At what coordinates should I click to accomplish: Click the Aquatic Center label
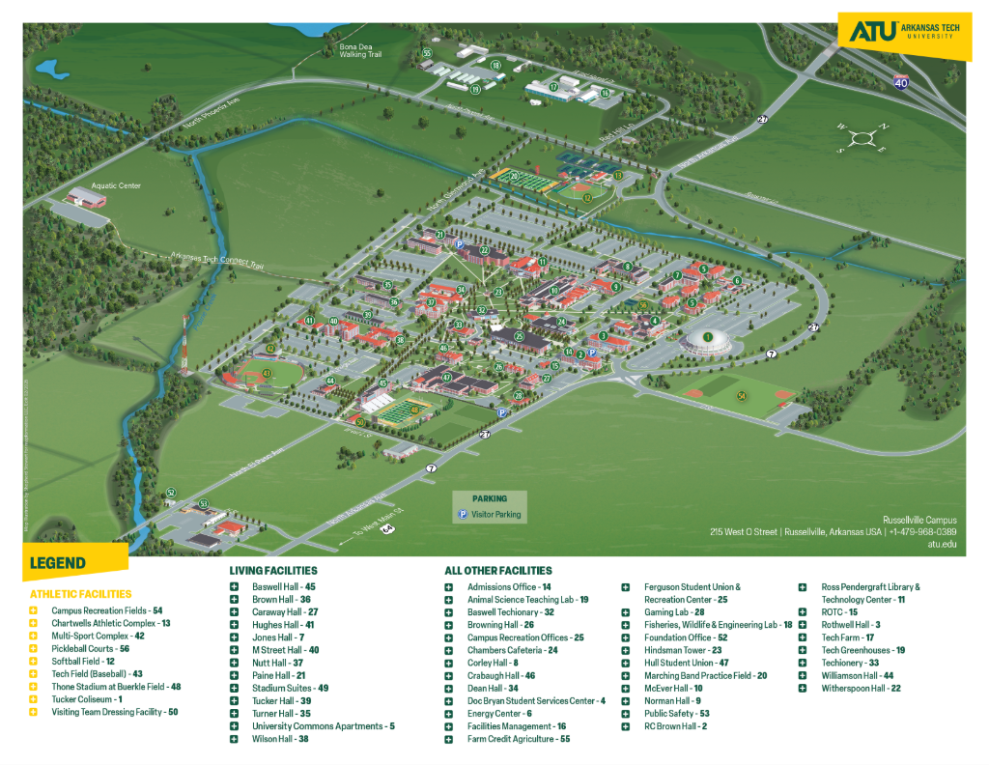[x=116, y=185]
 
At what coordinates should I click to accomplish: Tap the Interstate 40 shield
[x=901, y=82]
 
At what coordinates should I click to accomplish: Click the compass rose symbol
[x=862, y=137]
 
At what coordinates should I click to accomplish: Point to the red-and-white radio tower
[x=184, y=343]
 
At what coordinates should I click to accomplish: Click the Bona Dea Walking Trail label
[x=360, y=50]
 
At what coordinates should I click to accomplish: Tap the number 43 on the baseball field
[x=267, y=372]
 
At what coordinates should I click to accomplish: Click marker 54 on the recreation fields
[x=742, y=395]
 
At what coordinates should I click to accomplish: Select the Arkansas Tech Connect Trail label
[x=216, y=260]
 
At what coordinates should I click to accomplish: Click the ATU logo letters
[x=865, y=33]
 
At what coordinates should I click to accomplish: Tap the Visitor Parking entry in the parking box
[x=494, y=515]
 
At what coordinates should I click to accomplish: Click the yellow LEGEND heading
[x=58, y=563]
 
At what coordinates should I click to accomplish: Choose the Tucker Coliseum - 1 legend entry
[x=87, y=699]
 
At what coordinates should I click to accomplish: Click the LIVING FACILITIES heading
[x=272, y=571]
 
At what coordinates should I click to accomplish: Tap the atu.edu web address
[x=942, y=544]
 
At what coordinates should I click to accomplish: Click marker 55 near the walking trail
[x=426, y=53]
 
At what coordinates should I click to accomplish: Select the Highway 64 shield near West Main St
[x=386, y=527]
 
